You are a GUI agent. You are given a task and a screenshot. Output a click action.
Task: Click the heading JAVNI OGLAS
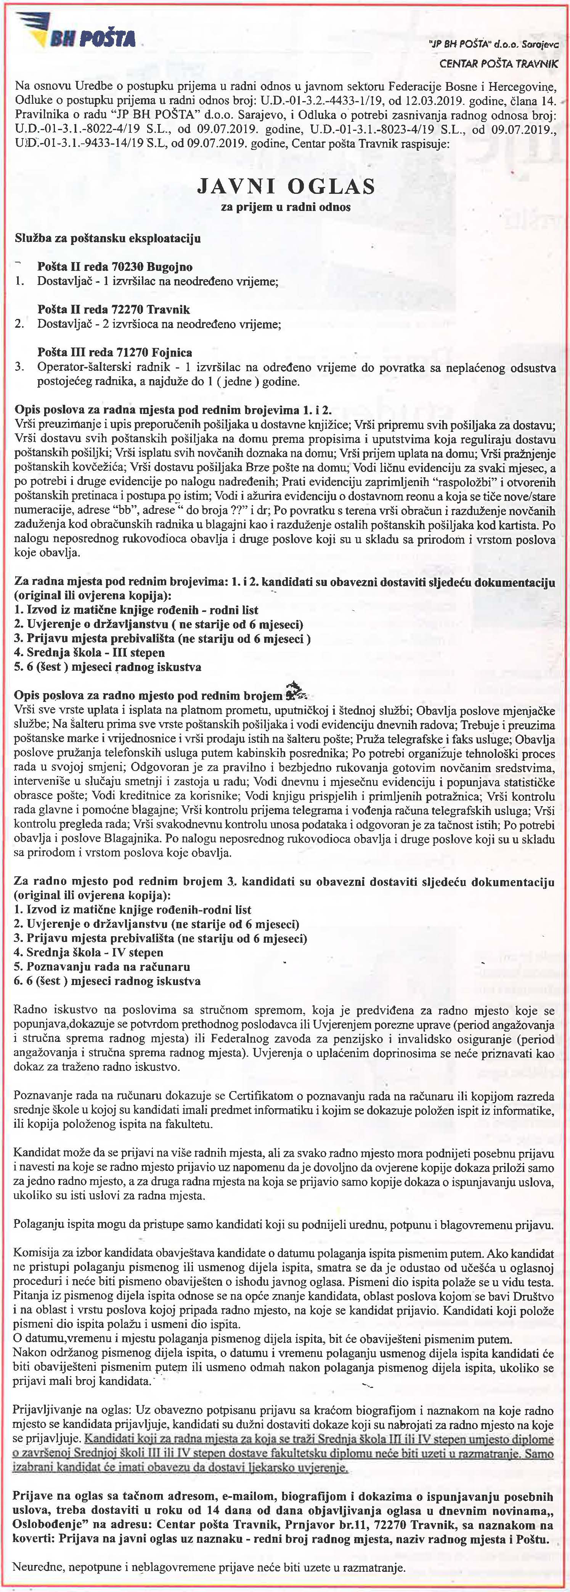(x=285, y=186)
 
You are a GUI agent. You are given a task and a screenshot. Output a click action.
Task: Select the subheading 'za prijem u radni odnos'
(x=285, y=207)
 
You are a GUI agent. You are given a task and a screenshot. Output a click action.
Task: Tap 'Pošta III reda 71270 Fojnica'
(x=114, y=352)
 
